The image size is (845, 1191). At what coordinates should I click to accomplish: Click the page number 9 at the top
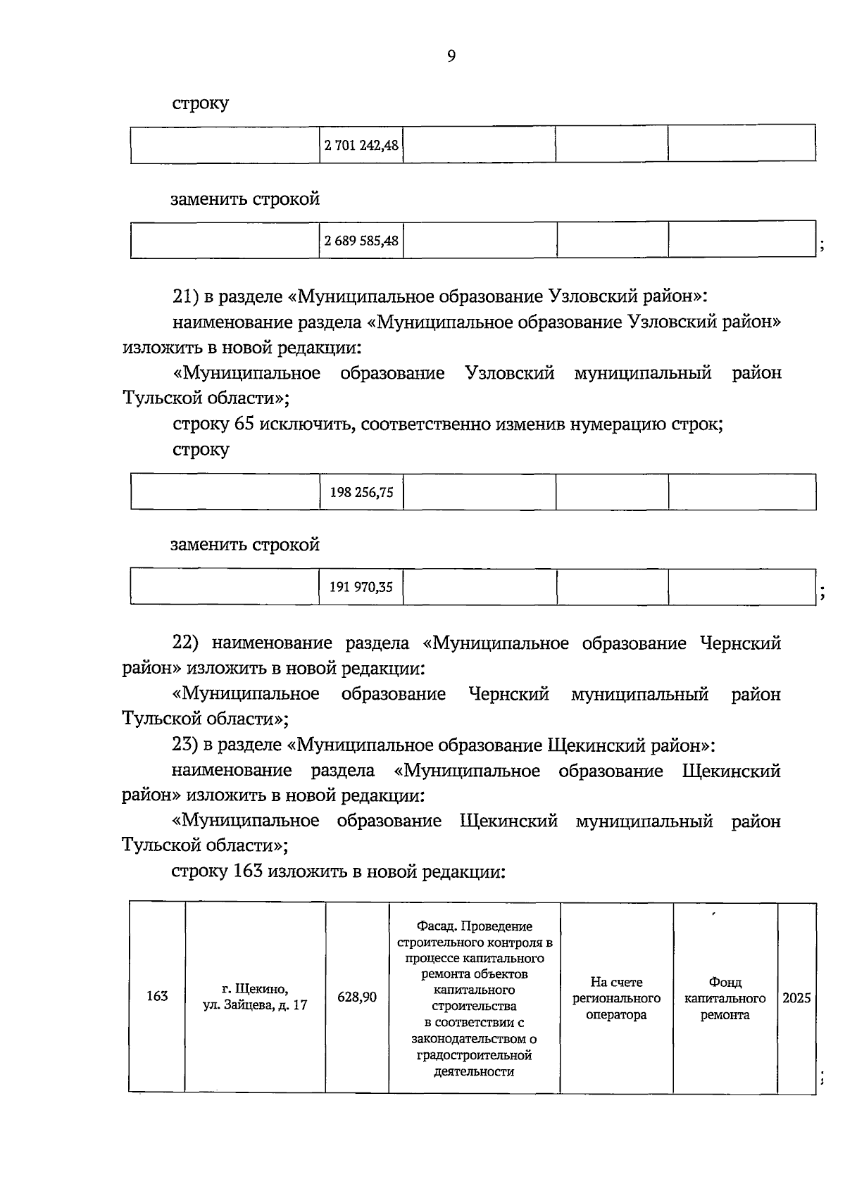(x=451, y=56)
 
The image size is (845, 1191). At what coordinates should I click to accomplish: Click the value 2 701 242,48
(x=361, y=146)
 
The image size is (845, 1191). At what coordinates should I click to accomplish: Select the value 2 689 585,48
(x=361, y=241)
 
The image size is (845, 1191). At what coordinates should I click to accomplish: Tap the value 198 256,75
(x=361, y=492)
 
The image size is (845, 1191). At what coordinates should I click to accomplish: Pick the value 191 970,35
(x=361, y=586)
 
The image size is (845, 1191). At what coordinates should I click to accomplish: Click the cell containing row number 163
(x=157, y=996)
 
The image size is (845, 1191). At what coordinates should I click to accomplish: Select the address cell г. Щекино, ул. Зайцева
(x=255, y=997)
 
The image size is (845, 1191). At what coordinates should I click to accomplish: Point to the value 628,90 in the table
(x=357, y=997)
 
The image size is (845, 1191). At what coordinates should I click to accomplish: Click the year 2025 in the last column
(x=796, y=998)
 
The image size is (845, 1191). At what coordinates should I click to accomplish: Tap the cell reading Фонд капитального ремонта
(x=725, y=998)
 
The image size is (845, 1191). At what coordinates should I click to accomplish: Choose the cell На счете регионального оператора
(x=616, y=998)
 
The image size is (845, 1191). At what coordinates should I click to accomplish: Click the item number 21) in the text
(x=187, y=297)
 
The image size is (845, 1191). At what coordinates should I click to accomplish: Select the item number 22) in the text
(x=187, y=643)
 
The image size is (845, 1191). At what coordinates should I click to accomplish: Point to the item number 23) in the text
(x=187, y=745)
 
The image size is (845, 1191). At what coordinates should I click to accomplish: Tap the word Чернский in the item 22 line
(x=741, y=643)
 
